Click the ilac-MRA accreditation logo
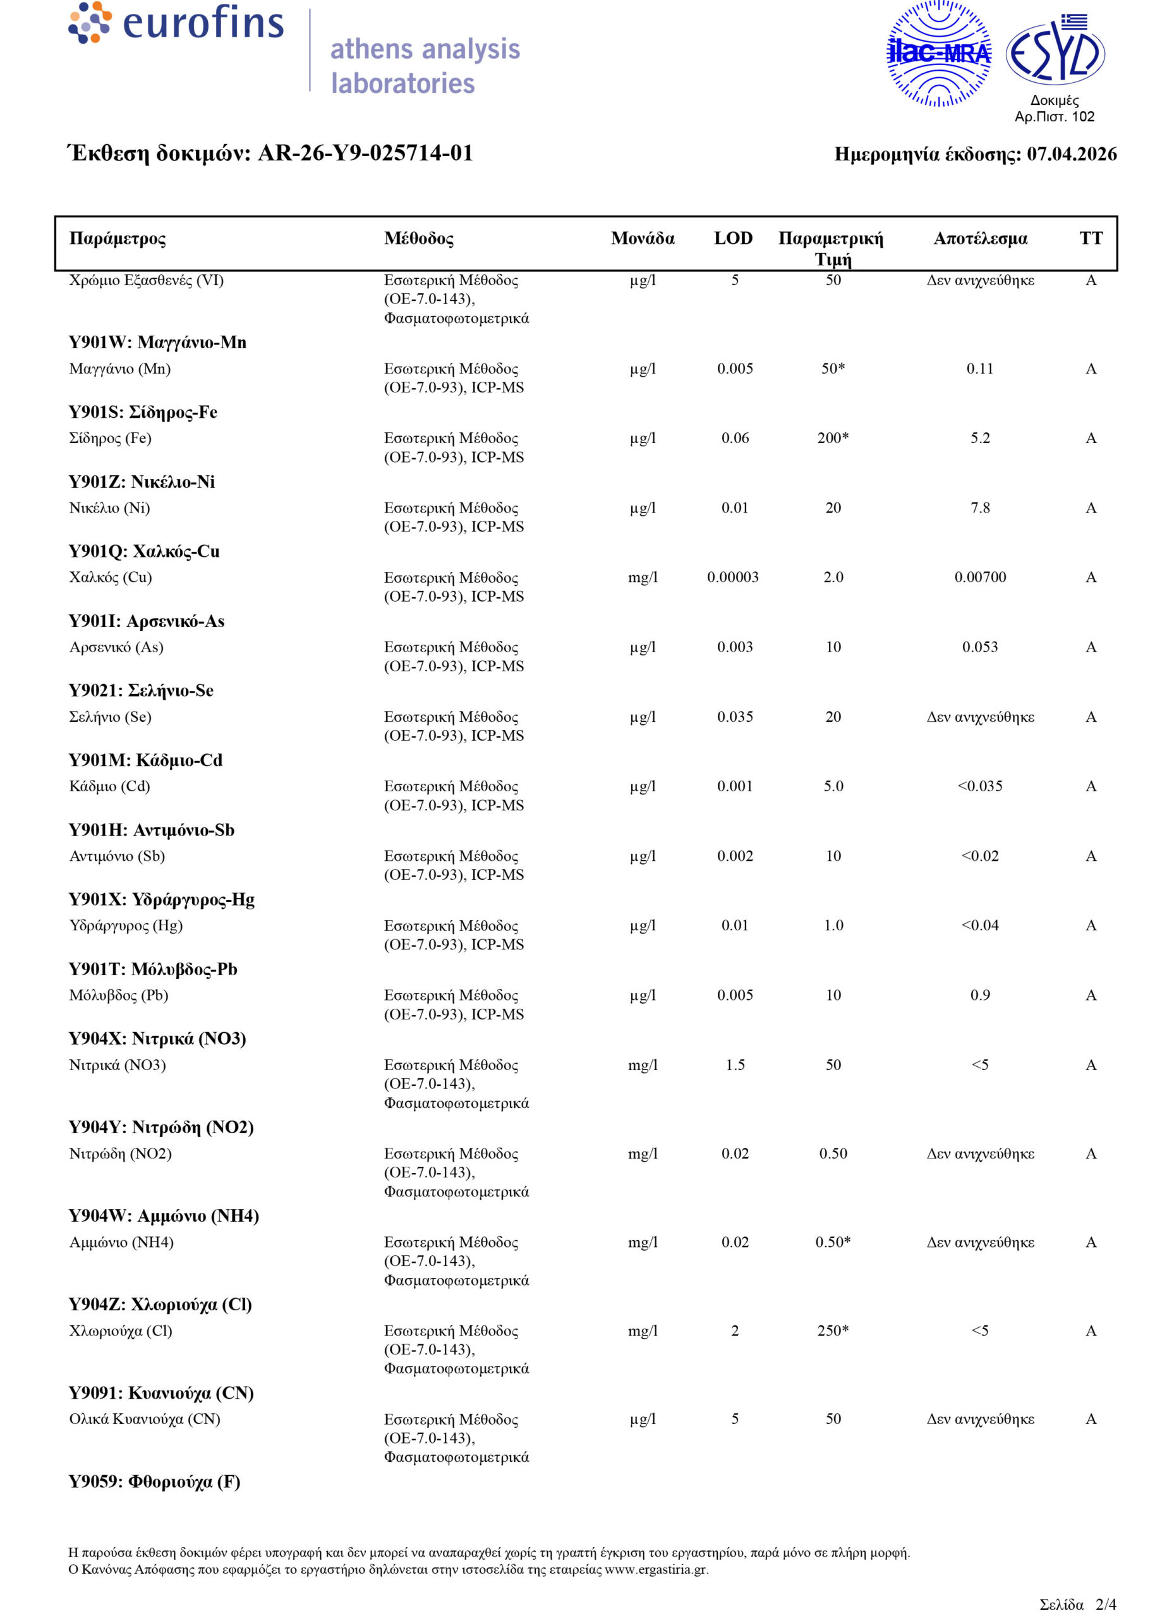pos(938,54)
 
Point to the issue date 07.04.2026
pos(1071,154)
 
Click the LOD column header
pos(734,238)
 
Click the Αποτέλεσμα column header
pos(980,238)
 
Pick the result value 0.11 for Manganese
pos(979,368)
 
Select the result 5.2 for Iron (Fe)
pos(979,438)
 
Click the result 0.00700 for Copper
pos(979,577)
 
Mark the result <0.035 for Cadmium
pos(979,786)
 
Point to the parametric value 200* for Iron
pos(833,438)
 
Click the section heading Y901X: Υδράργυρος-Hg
pos(162,899)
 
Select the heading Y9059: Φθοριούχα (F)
pos(154,1481)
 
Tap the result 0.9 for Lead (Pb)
pos(979,995)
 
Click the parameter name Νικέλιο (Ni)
pos(109,508)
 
